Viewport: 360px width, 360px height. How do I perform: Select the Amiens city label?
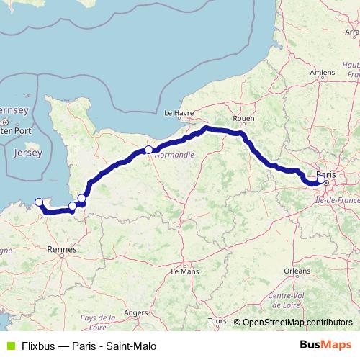323,72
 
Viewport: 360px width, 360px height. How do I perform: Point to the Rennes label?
63,249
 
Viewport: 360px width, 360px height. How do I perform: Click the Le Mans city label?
185,272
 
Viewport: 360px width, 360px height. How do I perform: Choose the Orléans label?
297,271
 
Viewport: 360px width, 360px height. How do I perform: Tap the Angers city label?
136,312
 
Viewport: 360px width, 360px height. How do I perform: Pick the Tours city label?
216,320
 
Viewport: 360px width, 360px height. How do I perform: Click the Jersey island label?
27,153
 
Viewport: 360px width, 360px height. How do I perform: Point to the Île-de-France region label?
336,189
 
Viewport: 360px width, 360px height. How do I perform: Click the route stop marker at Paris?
321,180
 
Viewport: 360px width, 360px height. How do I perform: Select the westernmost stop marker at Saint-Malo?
39,202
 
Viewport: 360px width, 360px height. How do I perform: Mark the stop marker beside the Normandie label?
148,150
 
